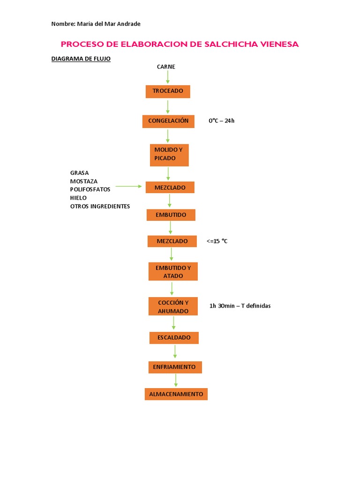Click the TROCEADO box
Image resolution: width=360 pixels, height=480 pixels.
coord(168,91)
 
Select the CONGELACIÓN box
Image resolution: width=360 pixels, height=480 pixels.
coord(168,121)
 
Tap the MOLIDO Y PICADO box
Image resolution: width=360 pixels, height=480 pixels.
coord(169,155)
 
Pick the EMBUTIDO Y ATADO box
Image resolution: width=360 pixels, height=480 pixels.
coord(173,272)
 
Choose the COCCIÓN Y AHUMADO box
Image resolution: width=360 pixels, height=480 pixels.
coord(173,307)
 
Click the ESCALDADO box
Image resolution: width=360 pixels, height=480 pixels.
coord(174,337)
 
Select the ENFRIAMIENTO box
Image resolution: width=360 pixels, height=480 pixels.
coord(174,367)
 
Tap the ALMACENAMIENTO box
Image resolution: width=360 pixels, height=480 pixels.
coord(176,394)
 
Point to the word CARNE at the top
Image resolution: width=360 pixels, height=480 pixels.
coord(166,67)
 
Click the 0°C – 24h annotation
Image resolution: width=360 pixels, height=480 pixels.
coord(221,121)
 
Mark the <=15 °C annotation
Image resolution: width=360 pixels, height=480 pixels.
coord(217,241)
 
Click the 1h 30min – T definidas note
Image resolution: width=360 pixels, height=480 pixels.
coord(240,306)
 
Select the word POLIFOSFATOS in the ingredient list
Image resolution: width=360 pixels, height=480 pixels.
coord(90,189)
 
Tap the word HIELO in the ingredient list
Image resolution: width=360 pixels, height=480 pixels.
coord(78,198)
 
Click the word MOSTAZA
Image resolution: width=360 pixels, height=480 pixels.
coord(84,181)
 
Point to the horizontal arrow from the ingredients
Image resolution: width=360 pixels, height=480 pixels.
coord(128,187)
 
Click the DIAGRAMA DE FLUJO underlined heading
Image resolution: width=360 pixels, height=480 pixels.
coord(81,59)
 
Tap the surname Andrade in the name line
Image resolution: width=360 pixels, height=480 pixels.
coord(128,24)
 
